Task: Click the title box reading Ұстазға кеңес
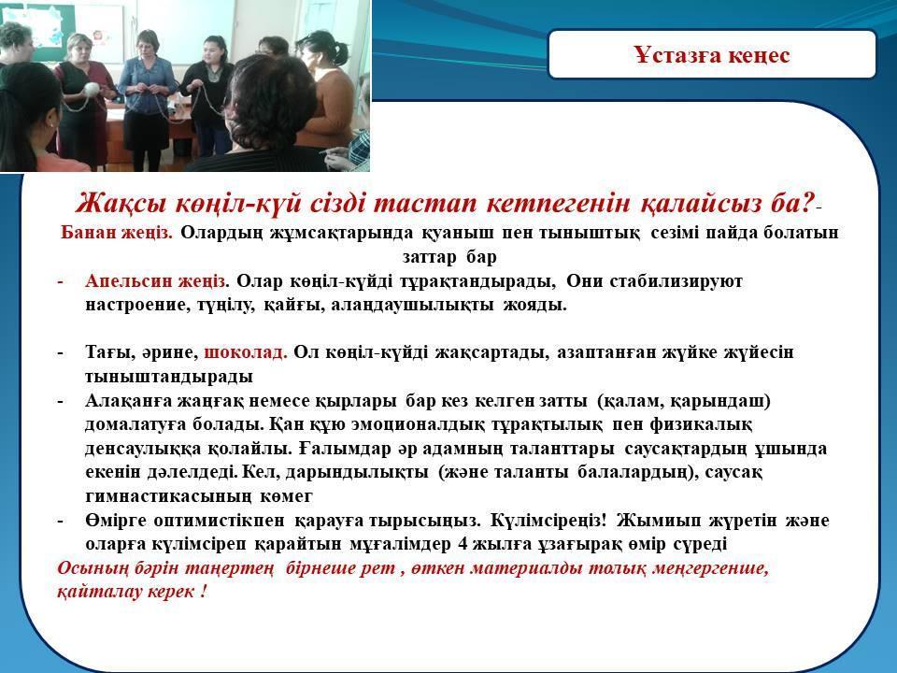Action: click(712, 54)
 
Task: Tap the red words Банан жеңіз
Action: click(116, 233)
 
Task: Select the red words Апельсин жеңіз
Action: click(156, 281)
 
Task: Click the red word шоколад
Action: click(246, 352)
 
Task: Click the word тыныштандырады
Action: click(169, 377)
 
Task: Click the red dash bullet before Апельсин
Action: click(60, 282)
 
